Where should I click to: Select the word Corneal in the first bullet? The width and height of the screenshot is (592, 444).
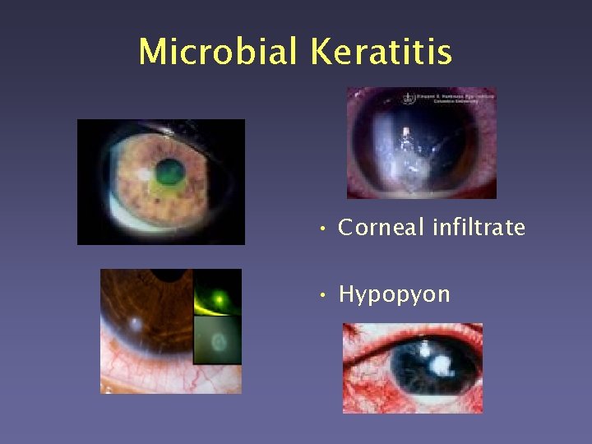[381, 227]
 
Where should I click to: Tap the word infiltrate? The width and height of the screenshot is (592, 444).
[478, 227]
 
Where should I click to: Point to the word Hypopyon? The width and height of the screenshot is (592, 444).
[394, 294]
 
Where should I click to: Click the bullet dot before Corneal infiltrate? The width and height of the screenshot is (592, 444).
[325, 229]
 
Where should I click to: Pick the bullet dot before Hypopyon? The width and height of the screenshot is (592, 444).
[325, 295]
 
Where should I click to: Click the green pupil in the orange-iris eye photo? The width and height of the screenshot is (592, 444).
[170, 172]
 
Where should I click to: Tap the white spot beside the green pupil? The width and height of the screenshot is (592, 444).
[146, 173]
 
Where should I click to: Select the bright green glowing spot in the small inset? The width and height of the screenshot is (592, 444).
[218, 300]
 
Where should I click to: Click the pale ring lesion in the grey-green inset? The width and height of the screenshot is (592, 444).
[217, 340]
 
